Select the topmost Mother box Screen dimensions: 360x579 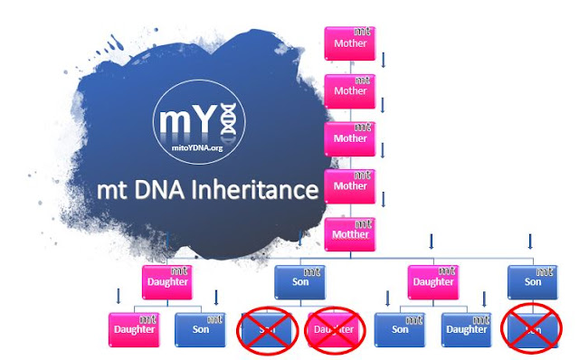[x=348, y=40]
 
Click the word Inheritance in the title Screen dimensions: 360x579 [x=262, y=191]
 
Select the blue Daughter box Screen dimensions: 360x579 [x=466, y=328]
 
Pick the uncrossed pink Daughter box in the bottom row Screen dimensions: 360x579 [x=133, y=328]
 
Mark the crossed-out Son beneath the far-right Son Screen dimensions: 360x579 [x=531, y=328]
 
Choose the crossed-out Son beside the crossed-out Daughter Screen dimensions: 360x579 [x=267, y=328]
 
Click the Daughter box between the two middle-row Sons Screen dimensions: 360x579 [x=433, y=279]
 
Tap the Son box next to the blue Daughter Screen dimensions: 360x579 [x=400, y=328]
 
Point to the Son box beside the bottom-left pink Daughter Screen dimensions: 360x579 [x=199, y=328]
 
